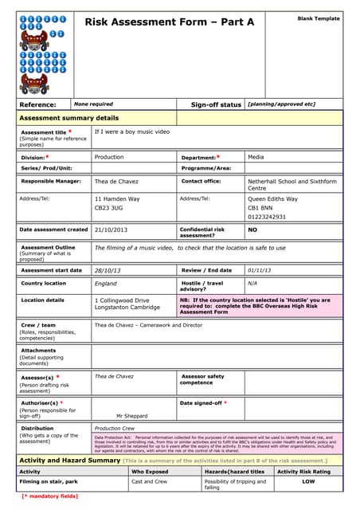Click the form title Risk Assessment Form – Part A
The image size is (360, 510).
(x=169, y=22)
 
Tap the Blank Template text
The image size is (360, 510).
(x=318, y=18)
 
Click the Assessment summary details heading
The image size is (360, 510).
(x=68, y=118)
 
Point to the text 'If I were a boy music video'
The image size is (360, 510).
(x=132, y=131)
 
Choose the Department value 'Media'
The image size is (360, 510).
(x=256, y=157)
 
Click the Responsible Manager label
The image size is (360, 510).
(x=51, y=182)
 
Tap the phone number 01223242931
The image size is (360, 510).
(x=267, y=217)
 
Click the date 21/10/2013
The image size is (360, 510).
(x=111, y=229)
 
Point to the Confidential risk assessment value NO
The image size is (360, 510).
(x=252, y=229)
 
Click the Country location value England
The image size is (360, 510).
(x=105, y=284)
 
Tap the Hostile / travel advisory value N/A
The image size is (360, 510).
(x=252, y=283)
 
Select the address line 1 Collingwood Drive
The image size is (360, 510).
(x=122, y=300)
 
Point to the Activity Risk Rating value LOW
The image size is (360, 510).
(x=308, y=481)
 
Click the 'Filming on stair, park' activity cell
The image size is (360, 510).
(x=48, y=481)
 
